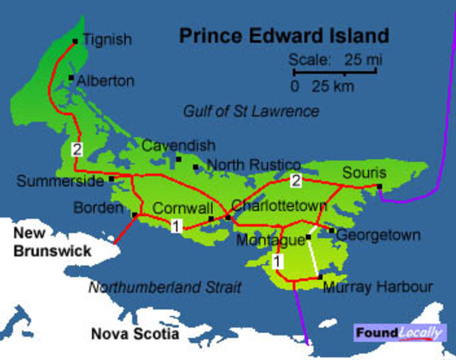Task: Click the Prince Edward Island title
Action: point(283,35)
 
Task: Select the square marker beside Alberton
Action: point(70,78)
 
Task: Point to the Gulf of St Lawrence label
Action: point(251,112)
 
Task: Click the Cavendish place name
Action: point(178,145)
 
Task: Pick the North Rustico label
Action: point(253,165)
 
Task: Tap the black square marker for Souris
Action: point(379,187)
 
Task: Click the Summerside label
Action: point(60,181)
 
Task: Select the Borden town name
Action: point(99,208)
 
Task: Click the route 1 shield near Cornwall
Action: point(175,226)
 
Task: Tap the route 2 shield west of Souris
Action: point(296,180)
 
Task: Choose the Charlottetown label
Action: point(280,205)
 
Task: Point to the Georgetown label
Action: point(378,235)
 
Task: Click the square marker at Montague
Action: point(308,237)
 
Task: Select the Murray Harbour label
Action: point(377,286)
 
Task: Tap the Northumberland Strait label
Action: point(165,286)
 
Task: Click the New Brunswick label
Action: point(50,241)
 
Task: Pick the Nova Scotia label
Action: point(135,334)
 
